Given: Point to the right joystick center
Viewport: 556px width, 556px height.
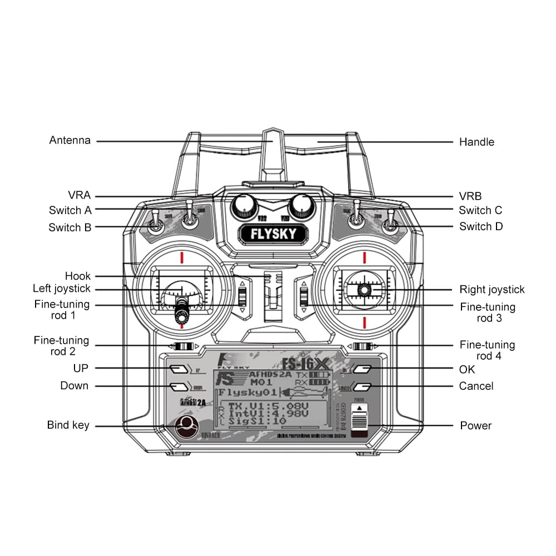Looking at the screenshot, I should (364, 290).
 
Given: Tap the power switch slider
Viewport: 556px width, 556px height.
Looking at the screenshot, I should (359, 420).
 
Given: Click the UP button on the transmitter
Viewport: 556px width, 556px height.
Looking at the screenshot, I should (178, 369).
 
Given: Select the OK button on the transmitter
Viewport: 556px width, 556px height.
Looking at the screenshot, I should (362, 369).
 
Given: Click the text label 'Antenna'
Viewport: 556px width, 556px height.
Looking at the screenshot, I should (69, 140).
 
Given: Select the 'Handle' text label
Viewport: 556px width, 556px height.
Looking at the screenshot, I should (476, 142).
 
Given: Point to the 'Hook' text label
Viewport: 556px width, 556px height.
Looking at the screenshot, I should (78, 276).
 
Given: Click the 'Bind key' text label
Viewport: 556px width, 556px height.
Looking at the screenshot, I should (68, 425).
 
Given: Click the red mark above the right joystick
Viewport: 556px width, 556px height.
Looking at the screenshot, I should (364, 257).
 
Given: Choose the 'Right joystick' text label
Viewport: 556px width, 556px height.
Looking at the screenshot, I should (492, 289).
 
